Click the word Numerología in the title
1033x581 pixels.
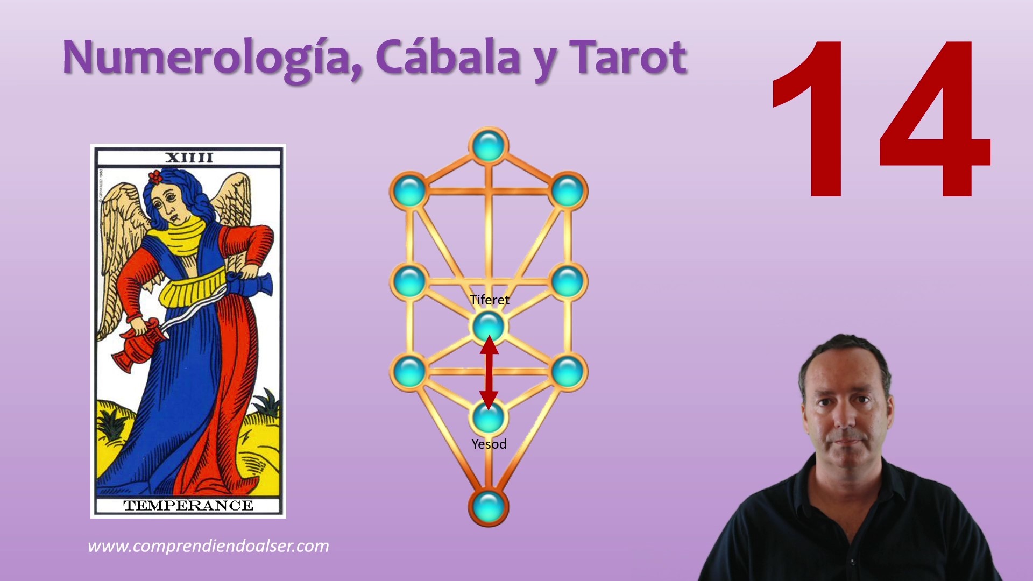(x=213, y=58)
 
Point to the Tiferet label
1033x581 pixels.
(x=489, y=300)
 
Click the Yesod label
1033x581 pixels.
(x=489, y=444)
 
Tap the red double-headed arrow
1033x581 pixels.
(x=489, y=372)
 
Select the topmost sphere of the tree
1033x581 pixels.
(x=489, y=145)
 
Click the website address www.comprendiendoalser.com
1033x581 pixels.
(x=208, y=547)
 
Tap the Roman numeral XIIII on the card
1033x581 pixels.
(x=189, y=158)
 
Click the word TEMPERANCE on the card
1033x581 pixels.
(x=188, y=506)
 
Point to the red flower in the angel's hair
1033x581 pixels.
(x=155, y=177)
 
